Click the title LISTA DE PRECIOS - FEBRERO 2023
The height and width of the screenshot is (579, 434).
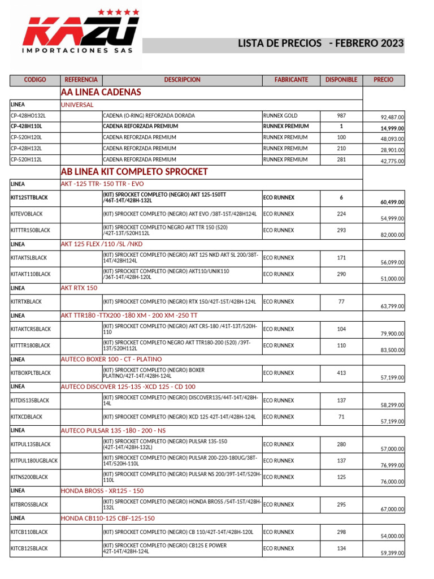(320, 44)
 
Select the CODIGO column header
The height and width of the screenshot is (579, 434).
(35, 80)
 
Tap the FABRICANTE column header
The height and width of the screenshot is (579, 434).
(291, 80)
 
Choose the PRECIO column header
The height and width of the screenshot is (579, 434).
(384, 80)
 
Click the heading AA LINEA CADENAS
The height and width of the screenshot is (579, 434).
(101, 92)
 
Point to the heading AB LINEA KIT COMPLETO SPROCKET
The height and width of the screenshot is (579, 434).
(134, 172)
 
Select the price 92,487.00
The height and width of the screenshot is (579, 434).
(392, 118)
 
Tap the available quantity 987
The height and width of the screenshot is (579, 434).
(341, 116)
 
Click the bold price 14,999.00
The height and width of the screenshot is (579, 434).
(392, 129)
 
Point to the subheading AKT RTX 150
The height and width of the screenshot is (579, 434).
(79, 288)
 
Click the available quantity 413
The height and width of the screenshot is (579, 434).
(341, 373)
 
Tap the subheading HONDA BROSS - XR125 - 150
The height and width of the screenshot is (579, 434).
(102, 491)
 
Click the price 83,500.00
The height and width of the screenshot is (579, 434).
(392, 351)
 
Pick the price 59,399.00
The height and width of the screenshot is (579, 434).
(392, 554)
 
